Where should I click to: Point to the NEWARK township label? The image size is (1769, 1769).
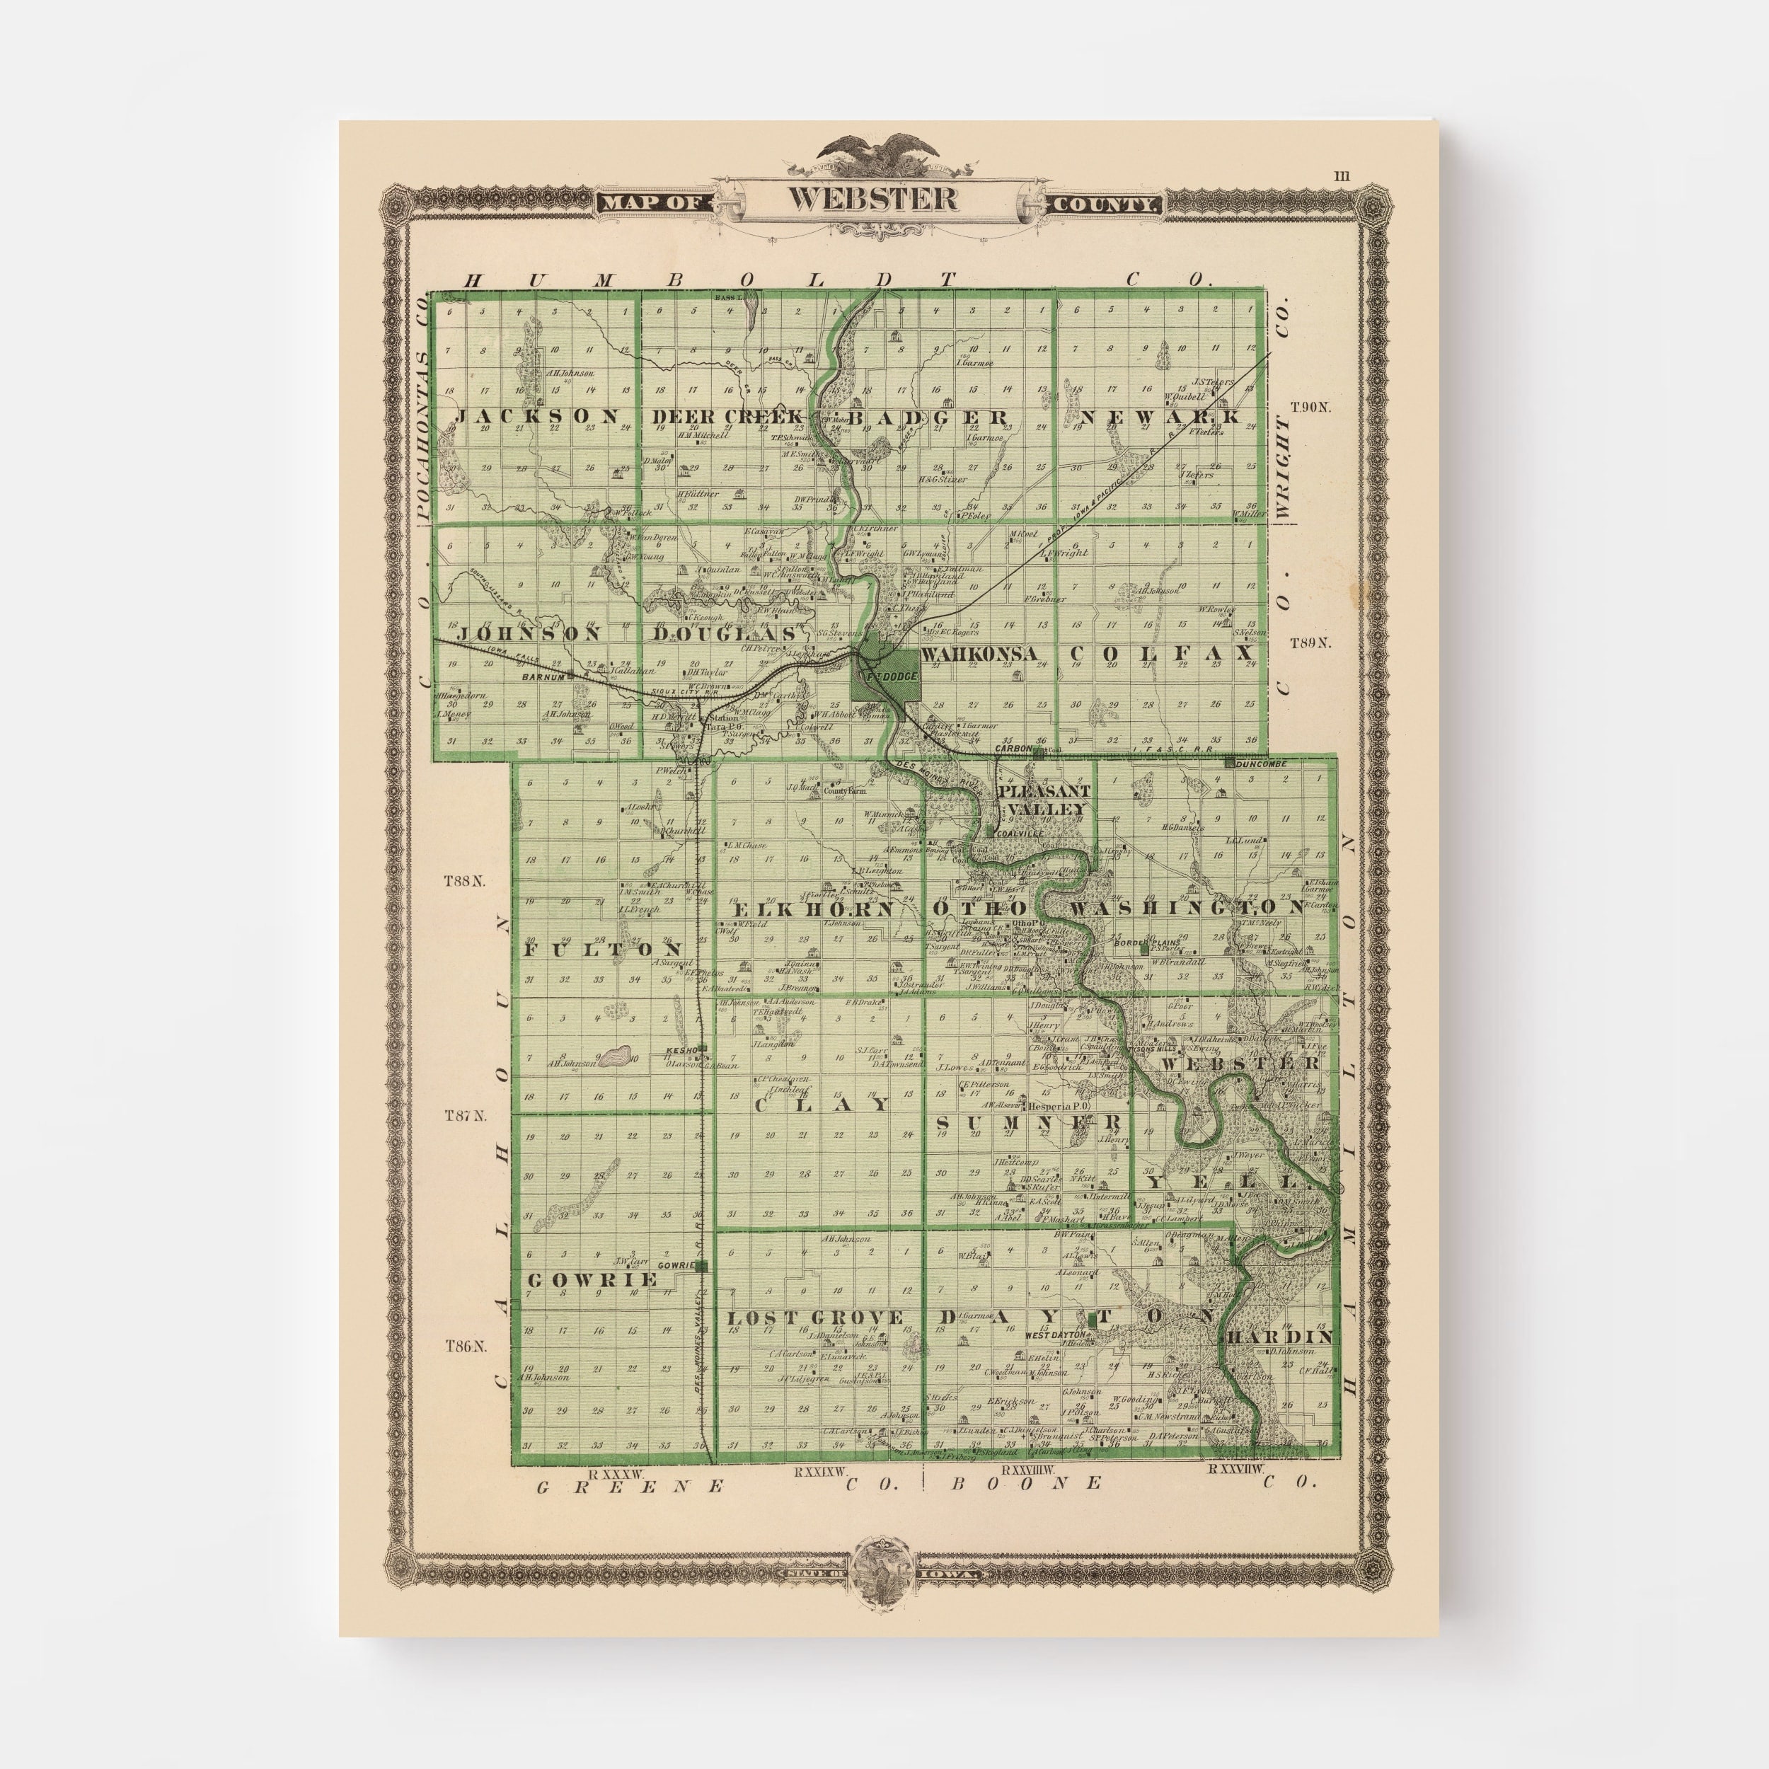(x=1160, y=417)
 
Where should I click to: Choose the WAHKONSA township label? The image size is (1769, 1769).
(x=980, y=654)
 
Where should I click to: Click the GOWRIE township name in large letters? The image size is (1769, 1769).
(x=592, y=1279)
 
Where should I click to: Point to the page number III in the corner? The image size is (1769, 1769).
(x=1342, y=175)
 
